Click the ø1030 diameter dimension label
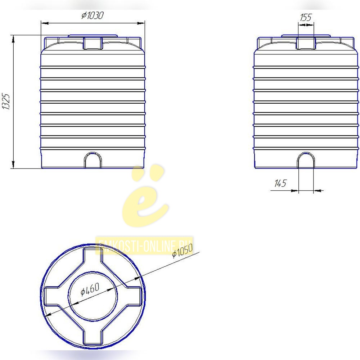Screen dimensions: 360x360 tap(93, 15)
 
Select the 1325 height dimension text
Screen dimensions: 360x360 tap(6, 102)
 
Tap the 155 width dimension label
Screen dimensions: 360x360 tap(306, 17)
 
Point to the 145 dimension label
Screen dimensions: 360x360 tap(280, 183)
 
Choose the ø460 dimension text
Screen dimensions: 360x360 tap(90, 289)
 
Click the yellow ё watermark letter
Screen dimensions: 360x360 tap(145, 195)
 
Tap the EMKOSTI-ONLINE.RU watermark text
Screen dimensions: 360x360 tap(144, 246)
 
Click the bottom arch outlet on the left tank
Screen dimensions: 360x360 tap(93, 160)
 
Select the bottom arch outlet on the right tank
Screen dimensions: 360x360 tap(306, 160)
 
